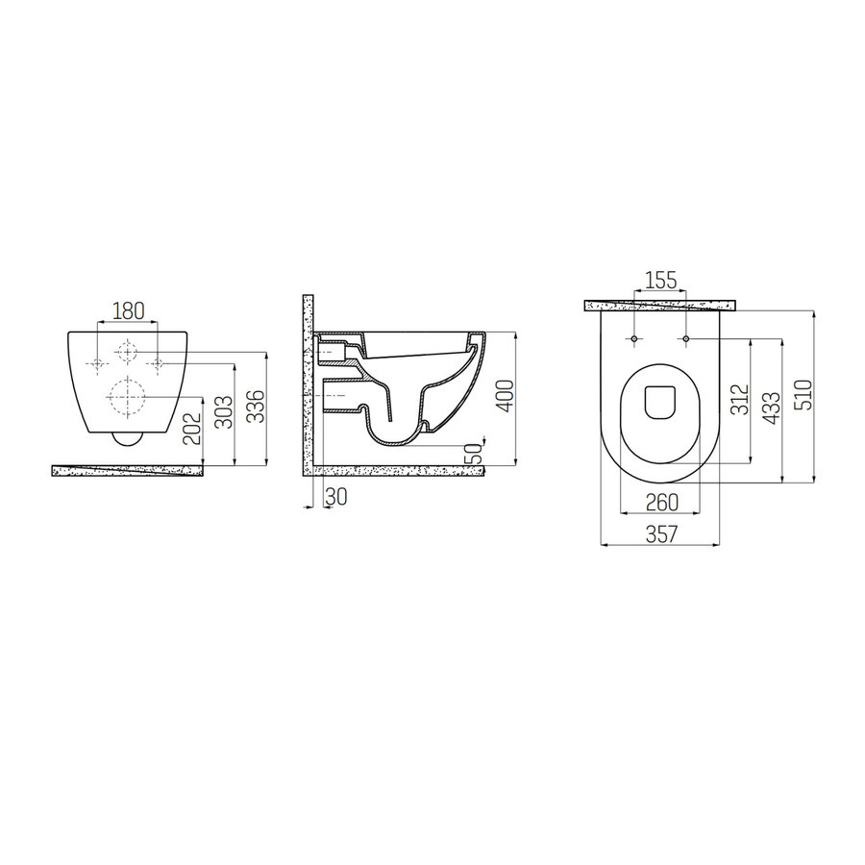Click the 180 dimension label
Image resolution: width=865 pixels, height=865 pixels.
[x=128, y=309]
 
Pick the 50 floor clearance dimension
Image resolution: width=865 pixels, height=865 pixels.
[x=473, y=453]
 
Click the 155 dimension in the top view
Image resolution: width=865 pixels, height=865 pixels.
[x=659, y=281]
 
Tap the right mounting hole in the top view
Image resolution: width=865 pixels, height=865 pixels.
[x=684, y=339]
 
